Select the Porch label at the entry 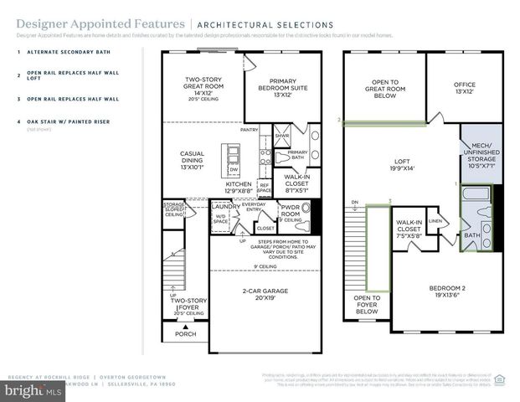click(x=185, y=334)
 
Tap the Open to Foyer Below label click(x=367, y=304)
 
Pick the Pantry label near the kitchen click(x=249, y=130)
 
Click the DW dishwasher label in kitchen click(x=234, y=169)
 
